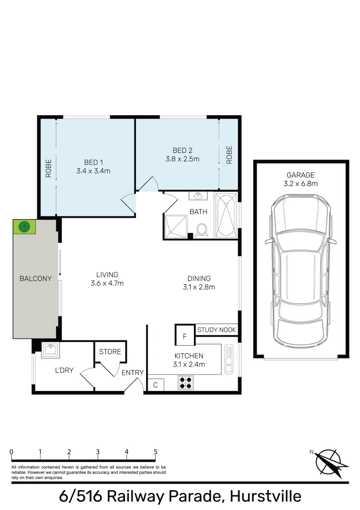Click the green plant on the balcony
tap(24, 226)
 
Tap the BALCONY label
tap(36, 279)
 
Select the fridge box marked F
tap(185, 335)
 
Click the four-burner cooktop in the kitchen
tap(186, 382)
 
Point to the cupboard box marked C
tap(156, 385)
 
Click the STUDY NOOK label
tap(217, 330)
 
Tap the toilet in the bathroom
tap(202, 231)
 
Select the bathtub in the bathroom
tap(226, 215)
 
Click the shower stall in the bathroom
tap(176, 227)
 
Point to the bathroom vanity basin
tap(198, 196)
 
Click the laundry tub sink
tap(50, 350)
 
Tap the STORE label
tap(110, 352)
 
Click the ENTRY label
tap(133, 373)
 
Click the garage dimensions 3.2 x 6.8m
tap(301, 183)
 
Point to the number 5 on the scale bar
tap(156, 452)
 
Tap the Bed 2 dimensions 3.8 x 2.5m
tap(182, 159)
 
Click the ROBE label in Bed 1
tap(49, 168)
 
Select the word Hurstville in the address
tap(266, 496)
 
